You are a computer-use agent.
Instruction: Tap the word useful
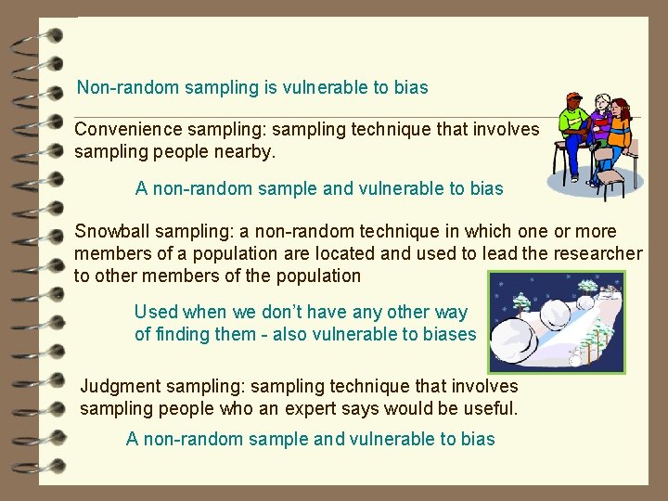pos(486,408)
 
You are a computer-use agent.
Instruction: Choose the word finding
pos(186,335)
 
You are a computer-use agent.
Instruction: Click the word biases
pos(449,335)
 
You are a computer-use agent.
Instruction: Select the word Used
pos(156,313)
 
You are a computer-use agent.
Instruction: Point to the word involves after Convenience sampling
pos(505,130)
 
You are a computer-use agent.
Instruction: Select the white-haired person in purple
pos(599,125)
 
